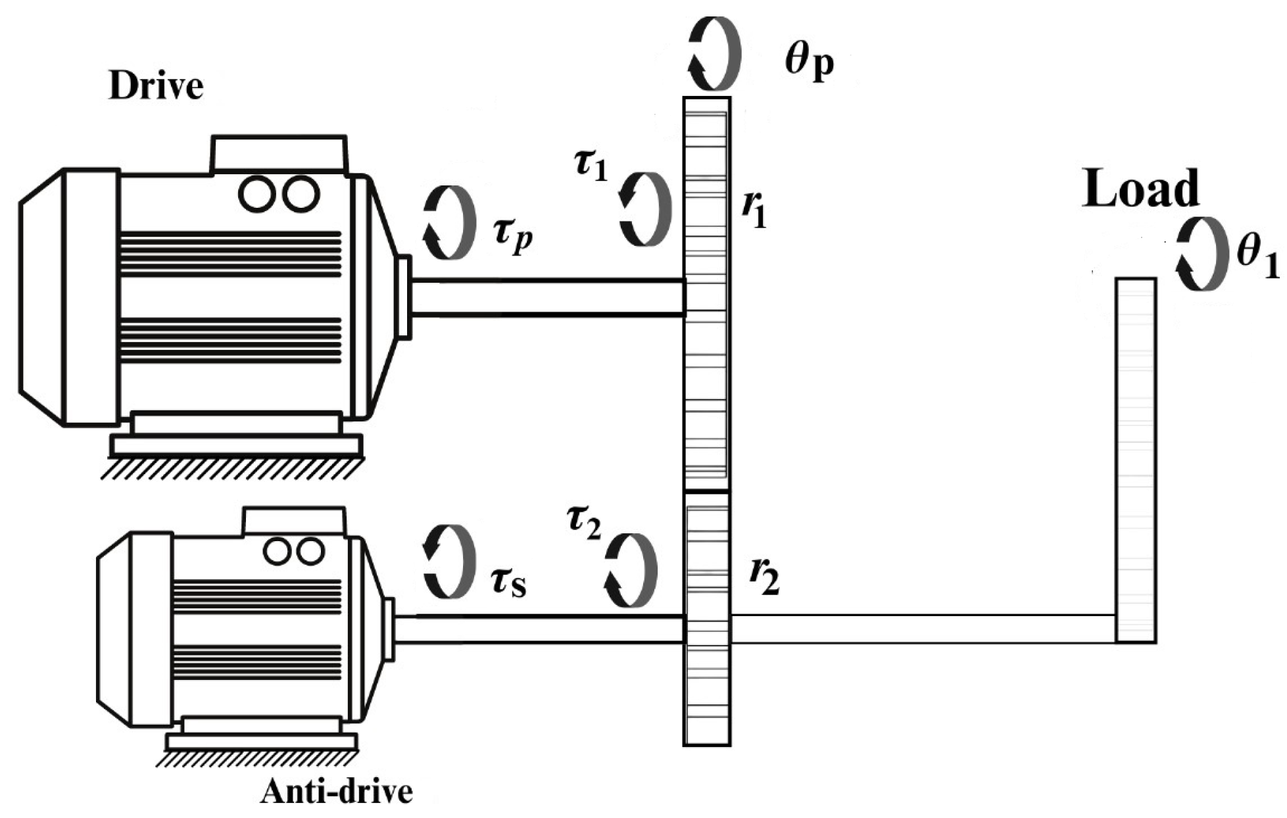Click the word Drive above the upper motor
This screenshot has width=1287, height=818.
click(x=156, y=86)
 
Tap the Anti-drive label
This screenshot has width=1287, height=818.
click(x=336, y=792)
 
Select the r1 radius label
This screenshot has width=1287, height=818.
click(x=755, y=209)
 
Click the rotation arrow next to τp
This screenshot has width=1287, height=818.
click(x=449, y=222)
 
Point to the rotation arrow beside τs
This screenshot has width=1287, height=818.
click(x=449, y=561)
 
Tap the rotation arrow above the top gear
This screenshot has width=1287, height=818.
click(x=714, y=53)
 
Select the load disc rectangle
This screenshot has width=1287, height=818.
click(x=1136, y=460)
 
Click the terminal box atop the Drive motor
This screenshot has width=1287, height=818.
click(x=279, y=155)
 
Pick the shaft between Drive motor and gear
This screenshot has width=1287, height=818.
click(x=546, y=298)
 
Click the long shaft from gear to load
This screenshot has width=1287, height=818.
click(x=921, y=629)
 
